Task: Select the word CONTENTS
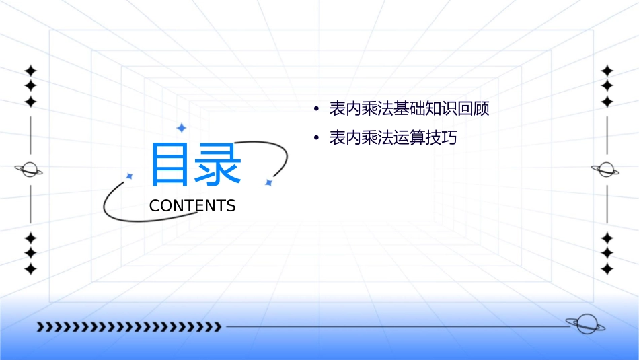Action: tap(192, 206)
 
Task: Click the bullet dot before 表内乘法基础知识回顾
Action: tap(316, 109)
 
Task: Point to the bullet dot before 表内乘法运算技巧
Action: tap(316, 139)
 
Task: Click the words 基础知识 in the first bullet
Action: tap(417, 109)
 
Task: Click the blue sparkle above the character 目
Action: tap(180, 127)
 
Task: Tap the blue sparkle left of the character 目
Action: tap(130, 176)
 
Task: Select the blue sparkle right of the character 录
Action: tap(268, 182)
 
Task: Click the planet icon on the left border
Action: tap(29, 170)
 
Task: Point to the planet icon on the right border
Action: tap(606, 170)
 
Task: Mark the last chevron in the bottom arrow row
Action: tap(217, 327)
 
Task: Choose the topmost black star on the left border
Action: tap(30, 71)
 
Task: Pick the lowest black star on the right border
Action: tap(607, 269)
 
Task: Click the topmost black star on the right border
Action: tap(607, 71)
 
